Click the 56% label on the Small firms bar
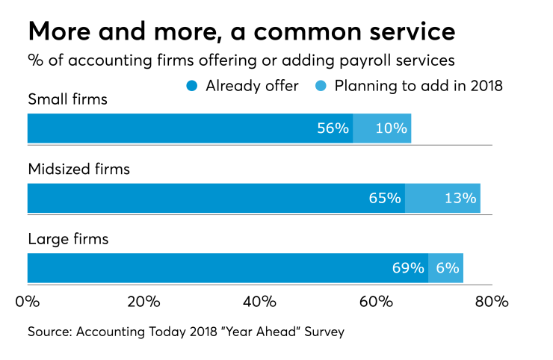click(x=333, y=128)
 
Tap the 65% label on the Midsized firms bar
click(x=385, y=198)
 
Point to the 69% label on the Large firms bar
click(x=408, y=268)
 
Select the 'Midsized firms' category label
click(x=78, y=170)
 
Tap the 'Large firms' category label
click(x=68, y=240)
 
